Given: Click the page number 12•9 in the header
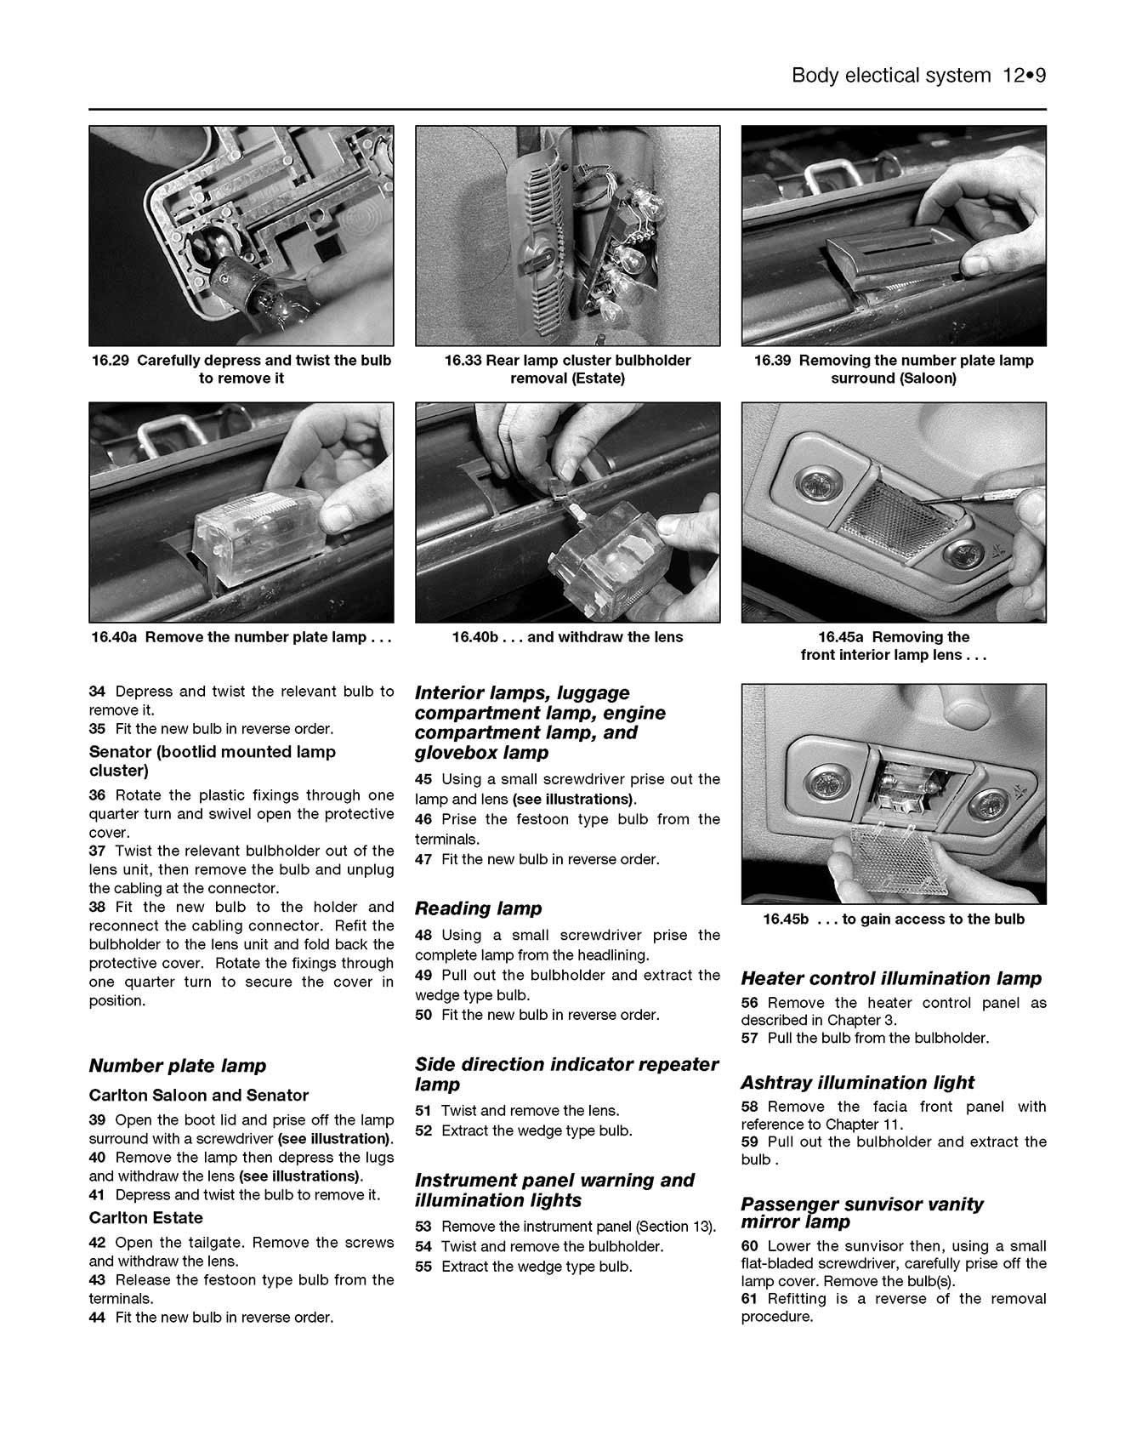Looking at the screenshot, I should click(1023, 76).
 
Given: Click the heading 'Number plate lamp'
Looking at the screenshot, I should click(177, 1066).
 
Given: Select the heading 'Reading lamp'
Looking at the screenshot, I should click(478, 908).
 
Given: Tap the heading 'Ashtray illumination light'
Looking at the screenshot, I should click(857, 1083).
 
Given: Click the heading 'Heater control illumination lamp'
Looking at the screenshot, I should click(890, 978).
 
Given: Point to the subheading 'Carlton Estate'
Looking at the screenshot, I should click(145, 1218).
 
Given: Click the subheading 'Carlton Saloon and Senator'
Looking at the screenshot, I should click(198, 1096).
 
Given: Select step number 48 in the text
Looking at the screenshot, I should click(423, 936).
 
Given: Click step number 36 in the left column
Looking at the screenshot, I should click(97, 795).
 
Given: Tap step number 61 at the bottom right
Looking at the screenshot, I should click(749, 1299).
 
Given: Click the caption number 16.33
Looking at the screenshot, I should click(463, 361).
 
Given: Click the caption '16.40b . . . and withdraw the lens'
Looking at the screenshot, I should click(567, 637).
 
